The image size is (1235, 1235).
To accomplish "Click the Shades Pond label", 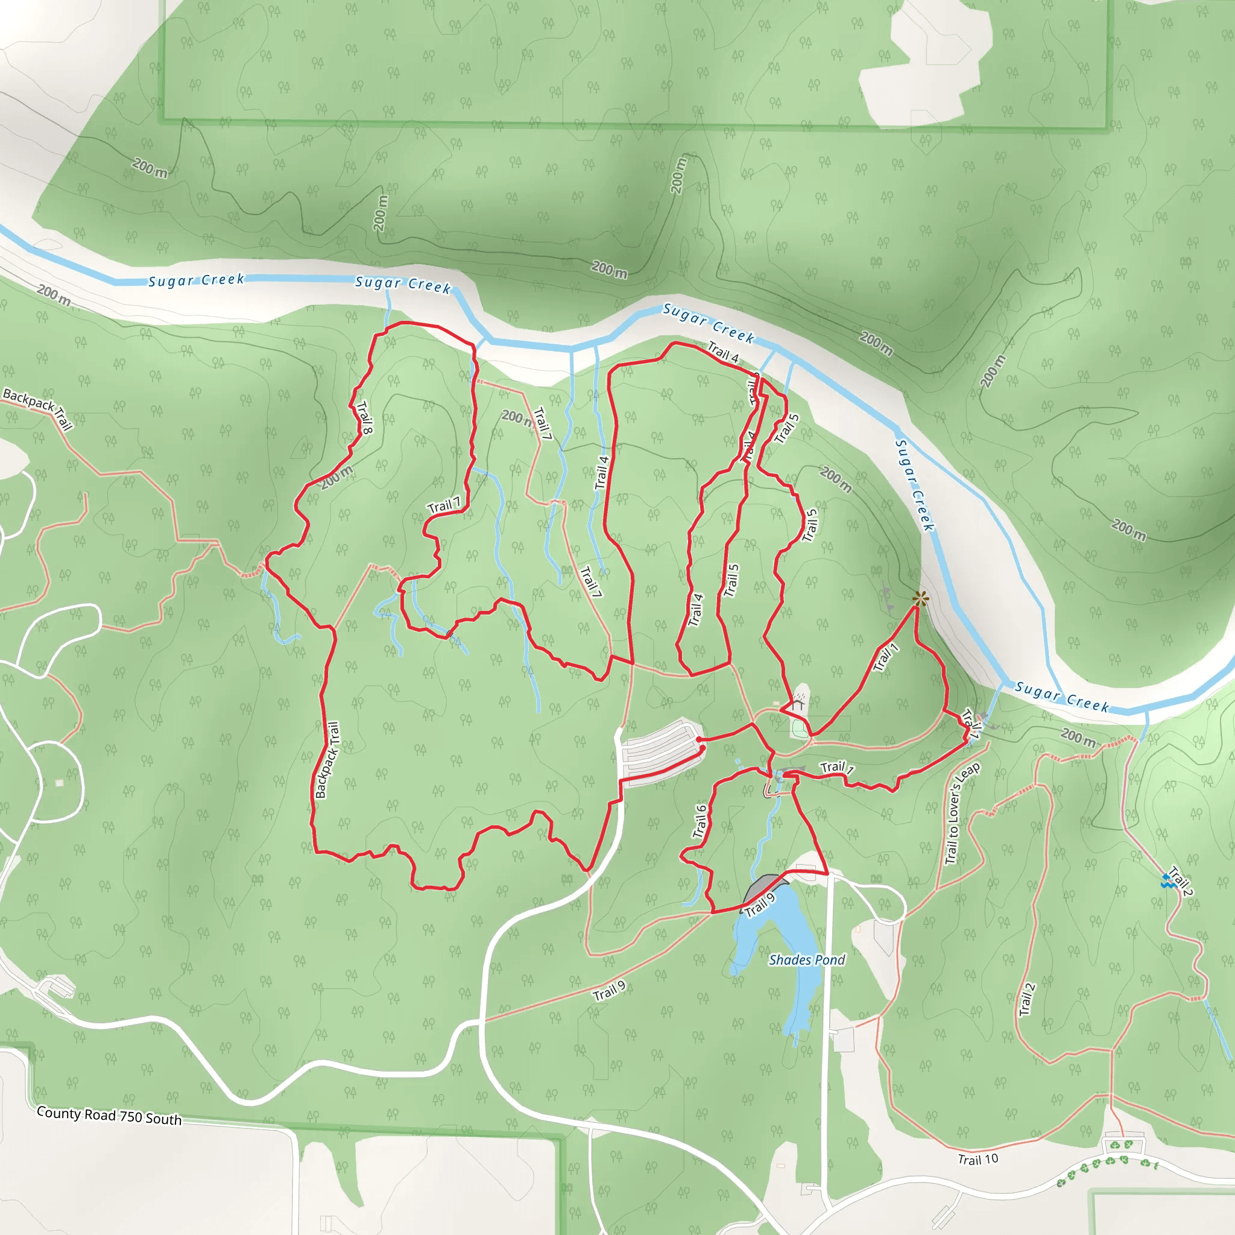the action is point(807,959).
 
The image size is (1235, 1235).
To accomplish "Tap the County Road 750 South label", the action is point(109,1116).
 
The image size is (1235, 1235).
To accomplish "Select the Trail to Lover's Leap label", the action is point(961,813).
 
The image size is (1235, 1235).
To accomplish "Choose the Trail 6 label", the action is point(700,821).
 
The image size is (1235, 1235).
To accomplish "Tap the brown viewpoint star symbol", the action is point(920,599).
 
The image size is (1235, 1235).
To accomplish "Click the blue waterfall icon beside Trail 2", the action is point(1167,882).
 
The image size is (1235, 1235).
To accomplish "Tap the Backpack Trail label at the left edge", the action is point(38,408).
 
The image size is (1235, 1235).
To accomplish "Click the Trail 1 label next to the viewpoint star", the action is point(886,657).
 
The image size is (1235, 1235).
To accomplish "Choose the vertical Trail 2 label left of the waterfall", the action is point(1026,1000).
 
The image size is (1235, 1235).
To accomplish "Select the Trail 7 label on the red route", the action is point(444,505).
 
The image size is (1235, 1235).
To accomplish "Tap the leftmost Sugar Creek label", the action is point(196,280).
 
